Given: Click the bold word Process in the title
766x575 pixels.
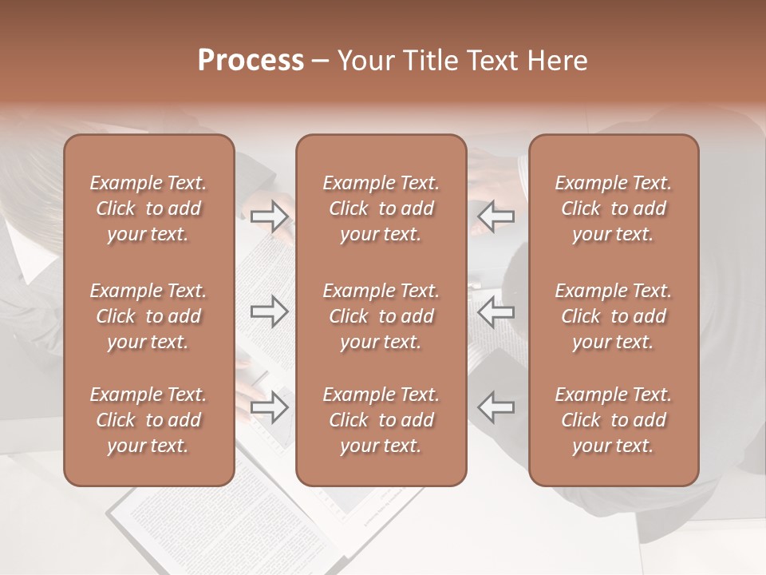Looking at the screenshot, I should coord(251,61).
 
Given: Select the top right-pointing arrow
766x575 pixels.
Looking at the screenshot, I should coord(270,216).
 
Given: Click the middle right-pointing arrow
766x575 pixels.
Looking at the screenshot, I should coord(270,311).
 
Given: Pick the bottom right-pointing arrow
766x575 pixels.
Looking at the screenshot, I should coord(270,406).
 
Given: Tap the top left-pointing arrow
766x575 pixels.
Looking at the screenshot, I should coord(496,216).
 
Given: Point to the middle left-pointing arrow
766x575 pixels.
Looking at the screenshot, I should coord(496,311).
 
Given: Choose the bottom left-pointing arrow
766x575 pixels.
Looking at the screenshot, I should coord(496,406).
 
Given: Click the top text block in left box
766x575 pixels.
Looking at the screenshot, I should coord(148,208).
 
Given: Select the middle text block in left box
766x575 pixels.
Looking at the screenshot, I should coord(148,316).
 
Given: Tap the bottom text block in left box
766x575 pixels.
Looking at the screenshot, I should coord(148,420).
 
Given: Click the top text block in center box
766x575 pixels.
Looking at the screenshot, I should coord(381,208).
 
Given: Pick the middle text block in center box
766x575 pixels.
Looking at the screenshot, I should coord(381,316).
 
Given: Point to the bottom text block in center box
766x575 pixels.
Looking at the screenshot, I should coord(381,420).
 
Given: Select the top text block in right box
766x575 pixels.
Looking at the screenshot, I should coord(613,208).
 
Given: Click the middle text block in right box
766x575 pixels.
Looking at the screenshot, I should coord(613,316).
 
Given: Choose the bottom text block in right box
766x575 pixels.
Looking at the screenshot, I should coord(613,420).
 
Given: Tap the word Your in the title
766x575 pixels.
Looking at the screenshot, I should coord(363,61).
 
